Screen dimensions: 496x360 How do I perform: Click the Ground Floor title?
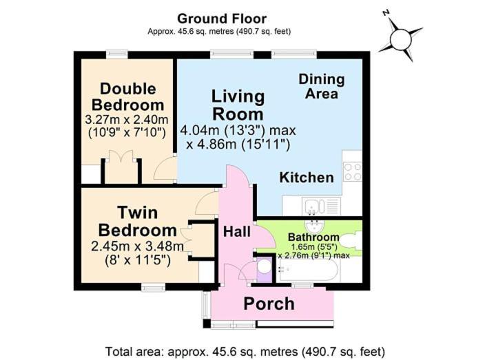222,19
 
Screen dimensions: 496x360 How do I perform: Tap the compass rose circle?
401,39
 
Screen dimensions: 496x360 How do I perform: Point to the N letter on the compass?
386,13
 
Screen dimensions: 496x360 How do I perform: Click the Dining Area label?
322,86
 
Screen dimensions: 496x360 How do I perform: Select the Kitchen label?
307,178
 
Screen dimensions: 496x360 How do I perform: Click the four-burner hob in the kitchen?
353,171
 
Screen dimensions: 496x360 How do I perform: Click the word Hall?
237,232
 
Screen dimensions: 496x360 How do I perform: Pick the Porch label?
269,304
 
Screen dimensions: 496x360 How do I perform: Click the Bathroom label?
313,237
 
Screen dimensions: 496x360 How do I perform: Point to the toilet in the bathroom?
353,243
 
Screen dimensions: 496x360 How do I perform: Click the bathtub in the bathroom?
308,270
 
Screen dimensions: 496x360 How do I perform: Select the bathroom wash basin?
314,226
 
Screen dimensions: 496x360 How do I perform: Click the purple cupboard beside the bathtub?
264,270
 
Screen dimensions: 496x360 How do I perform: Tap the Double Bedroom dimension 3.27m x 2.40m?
127,120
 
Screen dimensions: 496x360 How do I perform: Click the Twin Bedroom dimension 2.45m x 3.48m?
137,246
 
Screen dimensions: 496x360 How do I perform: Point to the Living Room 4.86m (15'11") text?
238,145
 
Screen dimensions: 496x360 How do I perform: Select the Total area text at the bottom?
245,351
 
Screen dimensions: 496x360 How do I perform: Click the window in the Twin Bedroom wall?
153,287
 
